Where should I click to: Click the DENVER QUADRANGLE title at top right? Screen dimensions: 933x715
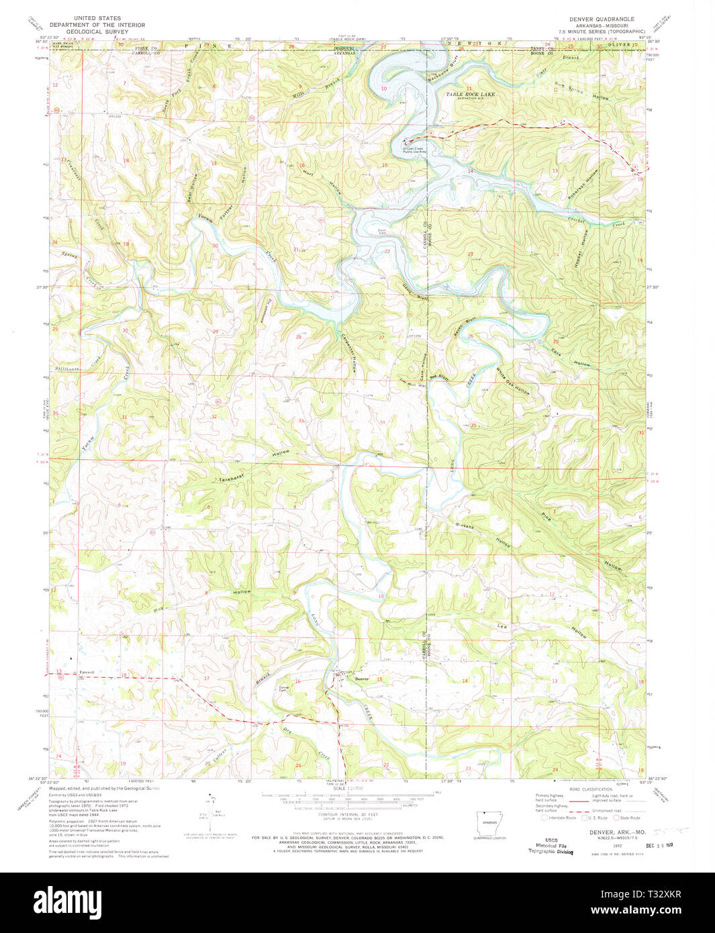[602, 19]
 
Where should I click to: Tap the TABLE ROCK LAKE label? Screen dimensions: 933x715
[471, 95]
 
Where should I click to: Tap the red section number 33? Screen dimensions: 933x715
[301, 421]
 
